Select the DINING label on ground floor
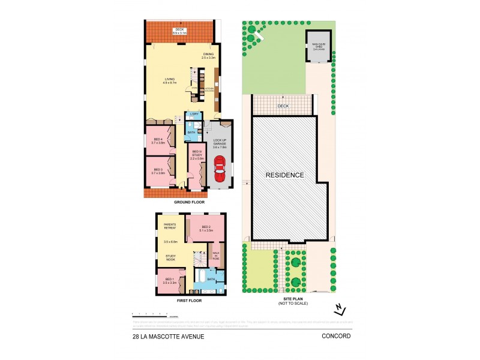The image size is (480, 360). tap(208, 55)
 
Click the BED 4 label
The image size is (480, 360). tap(158, 140)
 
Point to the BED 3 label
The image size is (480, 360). tap(158, 171)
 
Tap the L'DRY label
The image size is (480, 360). tap(194, 114)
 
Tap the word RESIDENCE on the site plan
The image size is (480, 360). tap(286, 175)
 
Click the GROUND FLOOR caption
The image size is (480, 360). tap(190, 203)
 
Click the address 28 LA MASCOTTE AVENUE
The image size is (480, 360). tap(169, 337)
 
